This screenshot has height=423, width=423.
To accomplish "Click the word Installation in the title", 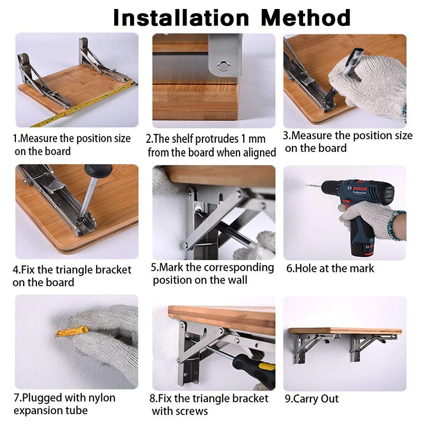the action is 181,17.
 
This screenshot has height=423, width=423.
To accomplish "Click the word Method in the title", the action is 306,17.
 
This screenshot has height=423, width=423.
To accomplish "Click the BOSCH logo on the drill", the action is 360,189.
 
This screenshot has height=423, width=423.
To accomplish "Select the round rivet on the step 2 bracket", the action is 224,66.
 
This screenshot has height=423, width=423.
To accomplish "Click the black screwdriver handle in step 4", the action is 98,170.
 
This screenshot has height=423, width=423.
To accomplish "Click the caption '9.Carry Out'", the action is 311,399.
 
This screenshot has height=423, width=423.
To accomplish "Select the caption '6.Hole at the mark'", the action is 330,269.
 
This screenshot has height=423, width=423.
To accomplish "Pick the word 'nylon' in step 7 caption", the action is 102,398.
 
